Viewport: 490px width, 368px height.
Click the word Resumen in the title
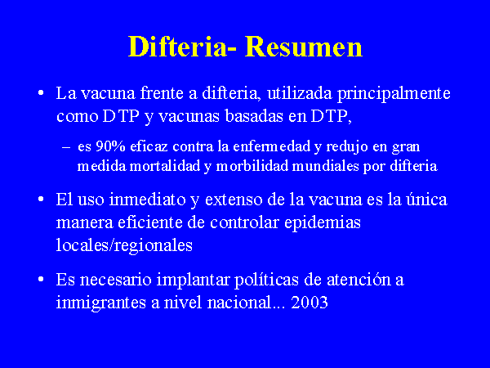304,47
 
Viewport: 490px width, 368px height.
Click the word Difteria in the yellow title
178,47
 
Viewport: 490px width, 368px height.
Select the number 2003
310,303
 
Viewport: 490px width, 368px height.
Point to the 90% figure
110,146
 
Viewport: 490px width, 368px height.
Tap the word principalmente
394,94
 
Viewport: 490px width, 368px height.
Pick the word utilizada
300,93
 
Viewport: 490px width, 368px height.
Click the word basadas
253,116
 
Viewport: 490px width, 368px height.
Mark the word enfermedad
272,146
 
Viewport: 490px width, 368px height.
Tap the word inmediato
148,200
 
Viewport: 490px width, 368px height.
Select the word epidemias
323,223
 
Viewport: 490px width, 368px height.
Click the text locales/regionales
124,245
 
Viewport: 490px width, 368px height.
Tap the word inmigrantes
101,303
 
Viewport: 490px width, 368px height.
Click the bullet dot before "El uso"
41,199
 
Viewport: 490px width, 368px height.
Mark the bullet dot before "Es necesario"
41,279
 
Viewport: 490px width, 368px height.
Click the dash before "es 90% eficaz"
66,146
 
